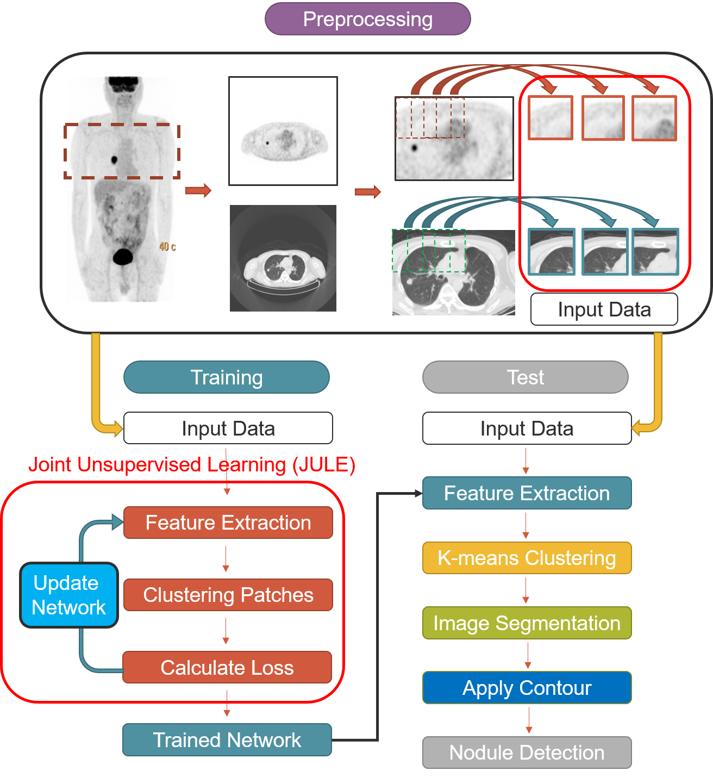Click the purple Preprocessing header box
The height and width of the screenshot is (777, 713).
(x=367, y=19)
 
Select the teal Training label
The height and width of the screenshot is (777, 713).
(x=226, y=377)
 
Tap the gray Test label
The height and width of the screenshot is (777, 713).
(x=525, y=377)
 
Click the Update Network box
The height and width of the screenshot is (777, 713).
(x=68, y=595)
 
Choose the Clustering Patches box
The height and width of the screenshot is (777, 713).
(x=228, y=595)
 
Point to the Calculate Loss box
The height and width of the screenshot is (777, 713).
(x=227, y=667)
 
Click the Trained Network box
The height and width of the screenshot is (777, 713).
(x=227, y=739)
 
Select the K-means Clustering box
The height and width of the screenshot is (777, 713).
(x=527, y=558)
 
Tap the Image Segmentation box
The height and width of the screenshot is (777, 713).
(x=527, y=623)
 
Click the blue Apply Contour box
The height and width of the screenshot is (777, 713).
(x=527, y=688)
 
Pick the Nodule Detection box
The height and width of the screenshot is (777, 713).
(x=527, y=753)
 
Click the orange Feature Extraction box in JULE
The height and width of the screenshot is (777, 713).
(x=228, y=523)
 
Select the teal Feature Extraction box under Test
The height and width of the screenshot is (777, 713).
(x=527, y=493)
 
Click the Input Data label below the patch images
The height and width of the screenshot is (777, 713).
(x=604, y=309)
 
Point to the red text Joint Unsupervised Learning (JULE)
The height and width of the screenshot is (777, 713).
(x=191, y=465)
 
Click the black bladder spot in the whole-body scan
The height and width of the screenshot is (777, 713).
(x=122, y=256)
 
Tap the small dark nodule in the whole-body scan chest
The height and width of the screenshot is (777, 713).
(x=114, y=160)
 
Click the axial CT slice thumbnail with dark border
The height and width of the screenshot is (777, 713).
(x=283, y=258)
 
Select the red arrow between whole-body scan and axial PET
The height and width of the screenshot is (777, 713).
(x=198, y=191)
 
